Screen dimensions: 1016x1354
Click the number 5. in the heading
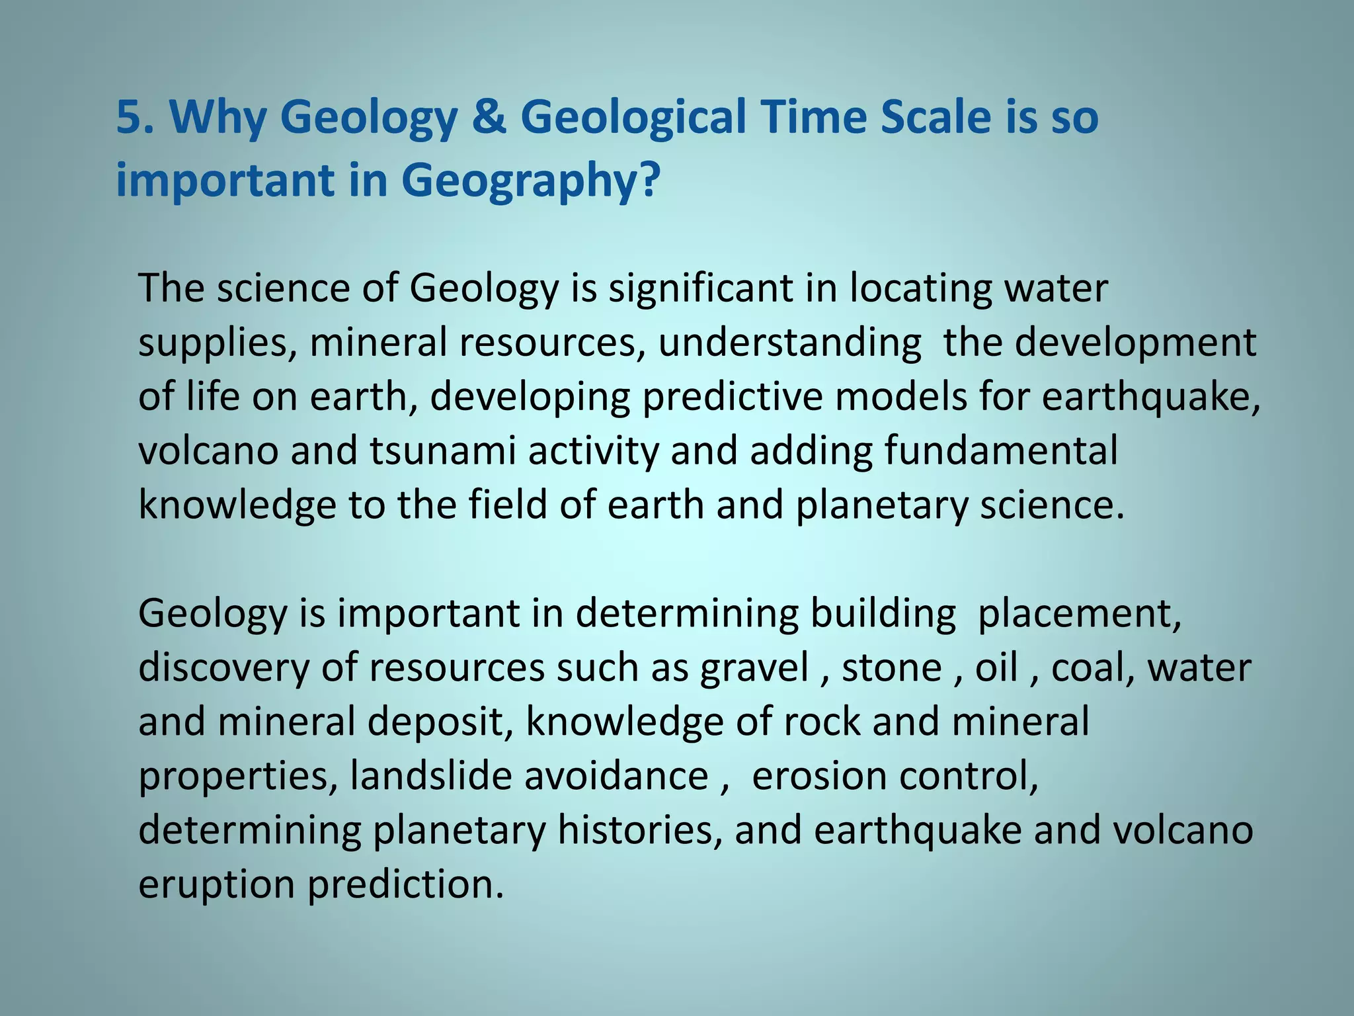[136, 117]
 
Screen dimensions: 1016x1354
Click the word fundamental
[1000, 451]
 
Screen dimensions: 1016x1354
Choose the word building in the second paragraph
[883, 613]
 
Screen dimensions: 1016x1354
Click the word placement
[1079, 613]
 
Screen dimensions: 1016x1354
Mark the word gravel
[754, 667]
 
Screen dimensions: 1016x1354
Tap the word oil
[996, 667]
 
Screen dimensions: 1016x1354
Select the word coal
[1093, 667]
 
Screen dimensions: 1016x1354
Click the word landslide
[430, 776]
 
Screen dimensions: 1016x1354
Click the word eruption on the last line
[216, 884]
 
